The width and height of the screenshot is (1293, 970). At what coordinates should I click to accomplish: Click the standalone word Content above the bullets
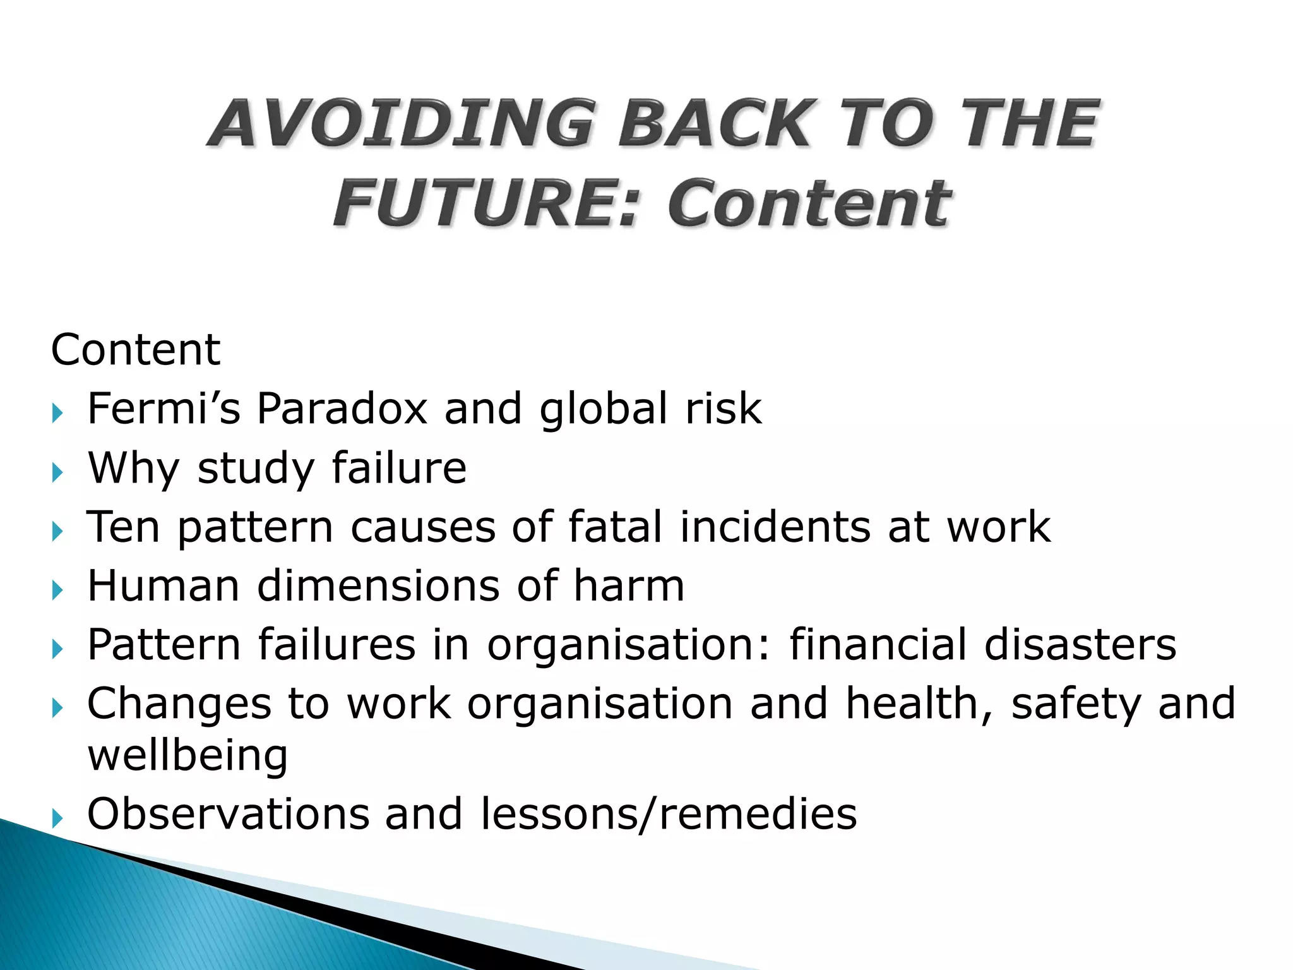(x=135, y=350)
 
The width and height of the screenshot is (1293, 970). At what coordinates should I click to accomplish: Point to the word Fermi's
(x=164, y=409)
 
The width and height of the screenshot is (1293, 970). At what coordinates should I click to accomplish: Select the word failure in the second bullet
(x=399, y=468)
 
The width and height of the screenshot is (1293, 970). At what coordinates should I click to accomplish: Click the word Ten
(x=122, y=527)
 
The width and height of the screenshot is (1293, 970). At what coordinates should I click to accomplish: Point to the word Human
(x=164, y=586)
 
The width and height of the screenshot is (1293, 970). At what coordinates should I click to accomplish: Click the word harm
(x=629, y=586)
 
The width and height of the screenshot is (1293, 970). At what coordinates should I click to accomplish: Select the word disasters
(x=1080, y=645)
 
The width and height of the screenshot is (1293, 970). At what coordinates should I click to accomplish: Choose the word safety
(x=1076, y=704)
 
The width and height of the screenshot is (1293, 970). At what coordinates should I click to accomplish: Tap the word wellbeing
(x=188, y=756)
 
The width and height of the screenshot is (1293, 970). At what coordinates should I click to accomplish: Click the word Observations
(x=228, y=814)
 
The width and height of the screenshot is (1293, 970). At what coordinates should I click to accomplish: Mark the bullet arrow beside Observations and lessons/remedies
(x=57, y=819)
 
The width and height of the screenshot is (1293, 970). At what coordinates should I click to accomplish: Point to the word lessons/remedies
(x=669, y=814)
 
